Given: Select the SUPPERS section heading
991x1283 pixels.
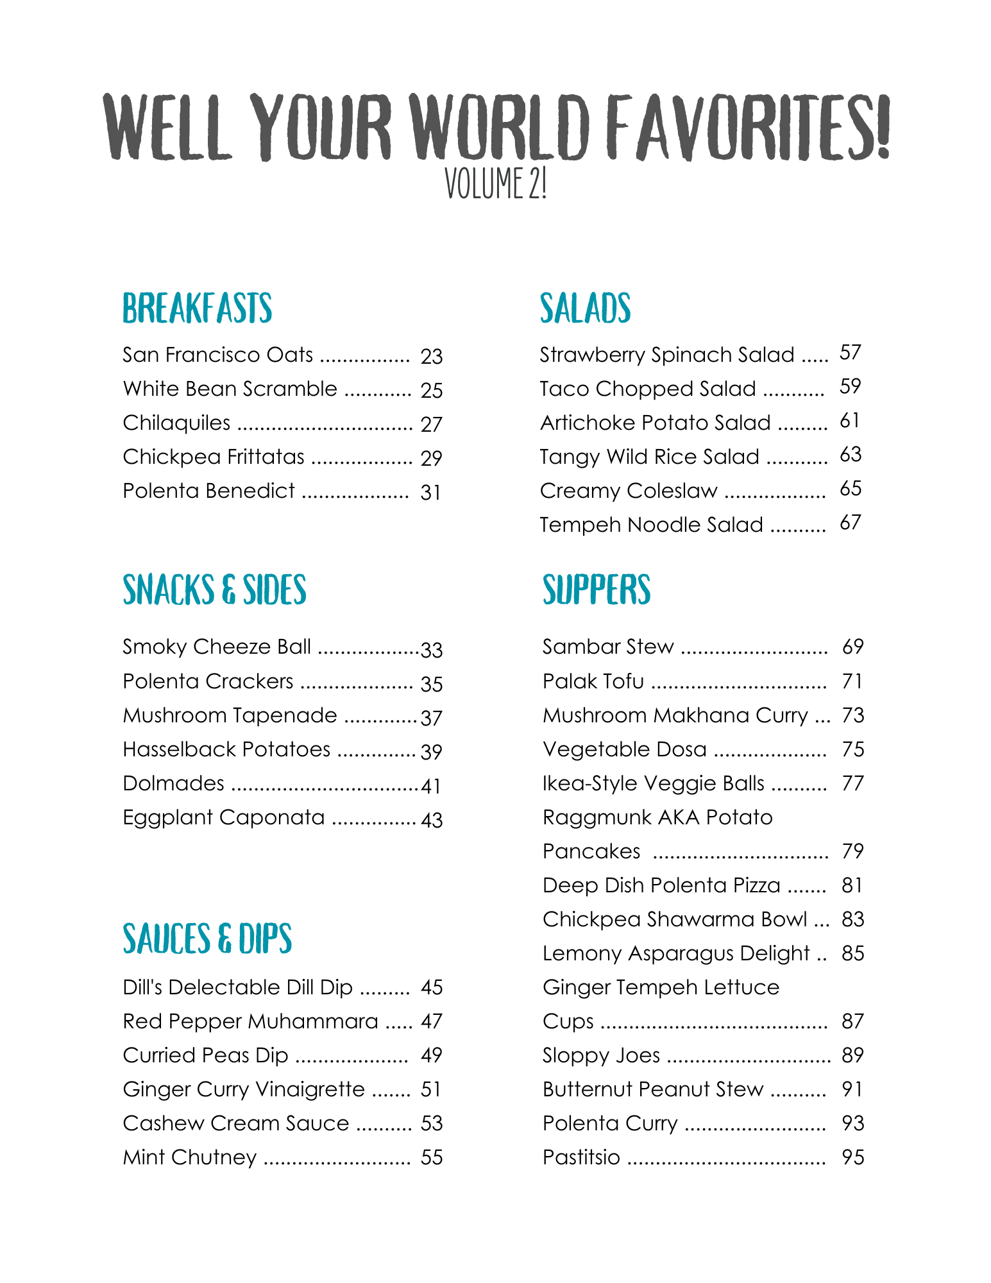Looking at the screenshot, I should [597, 590].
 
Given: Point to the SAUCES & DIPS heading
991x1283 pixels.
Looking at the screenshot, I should [207, 939].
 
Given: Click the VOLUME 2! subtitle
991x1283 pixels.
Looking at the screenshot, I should [495, 183].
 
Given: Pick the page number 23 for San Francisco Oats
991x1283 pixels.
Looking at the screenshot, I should [432, 356].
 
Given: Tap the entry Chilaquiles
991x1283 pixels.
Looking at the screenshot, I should [176, 423].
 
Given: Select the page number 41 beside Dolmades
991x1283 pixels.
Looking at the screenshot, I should [432, 786].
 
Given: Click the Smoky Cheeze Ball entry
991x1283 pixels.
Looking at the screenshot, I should [217, 647].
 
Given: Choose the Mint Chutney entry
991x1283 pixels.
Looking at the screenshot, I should [190, 1157].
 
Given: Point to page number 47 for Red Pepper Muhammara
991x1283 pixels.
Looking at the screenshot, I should [432, 1021].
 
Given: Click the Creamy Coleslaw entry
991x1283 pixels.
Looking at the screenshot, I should [629, 491].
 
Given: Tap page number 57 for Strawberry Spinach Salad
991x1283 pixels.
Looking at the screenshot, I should [851, 352].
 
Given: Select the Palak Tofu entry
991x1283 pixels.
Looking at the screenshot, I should [593, 681].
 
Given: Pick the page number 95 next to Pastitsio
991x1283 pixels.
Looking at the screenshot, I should [853, 1157].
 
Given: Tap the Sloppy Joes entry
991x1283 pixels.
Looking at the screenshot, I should [601, 1055].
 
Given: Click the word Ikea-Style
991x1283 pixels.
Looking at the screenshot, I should [589, 784].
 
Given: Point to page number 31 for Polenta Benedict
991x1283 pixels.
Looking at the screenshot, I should [431, 493].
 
